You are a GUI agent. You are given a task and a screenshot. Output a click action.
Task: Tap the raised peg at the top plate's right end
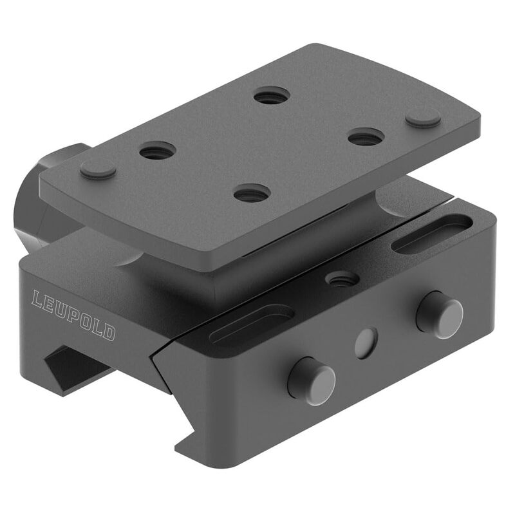[423, 117]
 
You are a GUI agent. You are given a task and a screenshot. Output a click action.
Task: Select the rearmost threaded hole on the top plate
[272, 97]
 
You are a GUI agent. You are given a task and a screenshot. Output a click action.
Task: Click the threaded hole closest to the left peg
[158, 152]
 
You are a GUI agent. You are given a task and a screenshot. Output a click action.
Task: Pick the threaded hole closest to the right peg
[366, 136]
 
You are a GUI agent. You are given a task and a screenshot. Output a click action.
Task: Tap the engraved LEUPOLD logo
[74, 315]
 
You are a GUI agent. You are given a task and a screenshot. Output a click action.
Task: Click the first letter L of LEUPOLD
[37, 299]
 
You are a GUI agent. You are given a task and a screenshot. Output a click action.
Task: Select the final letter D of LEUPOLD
[110, 333]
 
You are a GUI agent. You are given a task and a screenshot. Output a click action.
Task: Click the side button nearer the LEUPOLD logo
[311, 380]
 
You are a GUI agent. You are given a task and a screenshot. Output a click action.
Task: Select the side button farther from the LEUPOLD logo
[440, 315]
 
